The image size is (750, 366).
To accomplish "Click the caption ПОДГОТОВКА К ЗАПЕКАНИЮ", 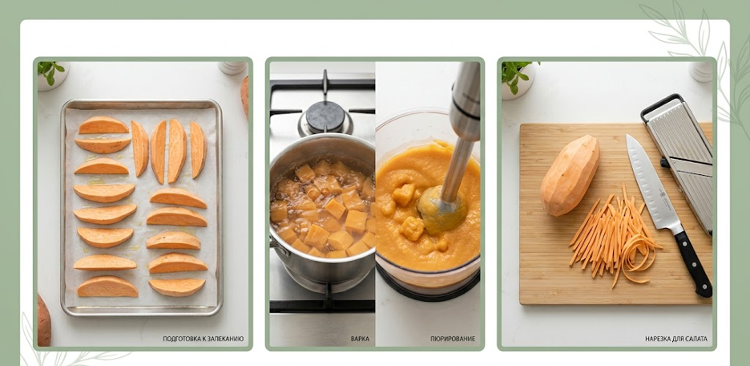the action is (x=204, y=339).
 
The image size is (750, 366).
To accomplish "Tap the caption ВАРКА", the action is (x=360, y=339).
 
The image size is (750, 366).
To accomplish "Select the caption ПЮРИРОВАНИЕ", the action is (x=453, y=339).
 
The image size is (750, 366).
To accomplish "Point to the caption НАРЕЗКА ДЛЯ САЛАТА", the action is (x=675, y=339).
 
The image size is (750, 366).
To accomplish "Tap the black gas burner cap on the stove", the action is (x=325, y=116).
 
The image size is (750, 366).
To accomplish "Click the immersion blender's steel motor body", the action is (x=465, y=100).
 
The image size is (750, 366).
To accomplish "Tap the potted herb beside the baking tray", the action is (x=51, y=75).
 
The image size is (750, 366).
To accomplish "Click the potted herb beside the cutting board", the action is (x=517, y=79).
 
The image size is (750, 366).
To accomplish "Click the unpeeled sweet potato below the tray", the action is (x=43, y=320).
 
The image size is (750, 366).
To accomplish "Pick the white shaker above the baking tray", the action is (x=232, y=67).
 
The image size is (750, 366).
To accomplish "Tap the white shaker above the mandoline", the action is (x=701, y=71).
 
